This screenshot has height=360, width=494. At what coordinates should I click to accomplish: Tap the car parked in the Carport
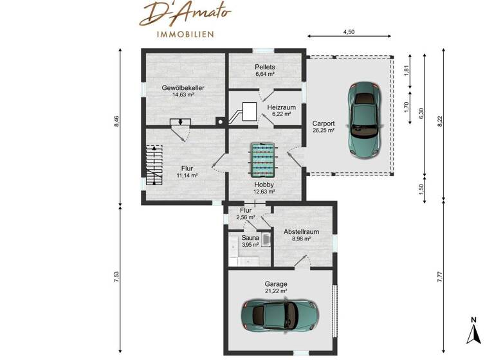[x=365, y=119]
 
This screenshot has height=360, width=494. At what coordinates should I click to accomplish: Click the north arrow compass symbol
[x=473, y=330]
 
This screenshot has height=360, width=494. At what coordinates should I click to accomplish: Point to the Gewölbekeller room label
[x=183, y=87]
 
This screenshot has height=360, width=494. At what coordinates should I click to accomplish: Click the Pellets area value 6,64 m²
[x=265, y=74]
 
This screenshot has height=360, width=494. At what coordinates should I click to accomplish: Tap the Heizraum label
[x=281, y=107]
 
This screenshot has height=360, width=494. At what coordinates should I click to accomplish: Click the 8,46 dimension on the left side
[x=116, y=122]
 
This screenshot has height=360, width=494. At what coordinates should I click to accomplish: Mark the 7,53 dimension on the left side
[x=116, y=278]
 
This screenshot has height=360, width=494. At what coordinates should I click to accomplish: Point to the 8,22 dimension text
[x=439, y=121]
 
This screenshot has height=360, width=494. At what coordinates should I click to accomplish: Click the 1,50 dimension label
[x=421, y=190]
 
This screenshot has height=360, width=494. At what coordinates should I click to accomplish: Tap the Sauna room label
[x=250, y=237]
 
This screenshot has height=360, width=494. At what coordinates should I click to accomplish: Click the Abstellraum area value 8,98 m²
[x=301, y=238]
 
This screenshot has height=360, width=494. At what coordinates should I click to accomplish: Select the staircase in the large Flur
[x=154, y=165]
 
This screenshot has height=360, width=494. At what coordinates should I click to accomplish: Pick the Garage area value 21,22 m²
[x=276, y=291]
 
